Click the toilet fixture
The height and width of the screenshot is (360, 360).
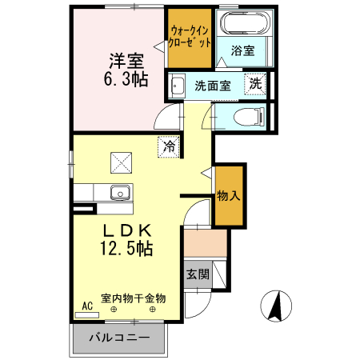[x=245, y=117]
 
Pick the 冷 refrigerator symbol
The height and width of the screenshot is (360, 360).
[x=169, y=146]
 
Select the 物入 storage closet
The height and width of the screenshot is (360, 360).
[x=228, y=194]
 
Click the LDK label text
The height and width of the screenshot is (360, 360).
[x=126, y=230]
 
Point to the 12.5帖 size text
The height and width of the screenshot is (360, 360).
[x=126, y=249]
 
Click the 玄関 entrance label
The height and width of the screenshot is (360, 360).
[x=198, y=274]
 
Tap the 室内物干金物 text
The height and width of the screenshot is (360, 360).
[x=133, y=298]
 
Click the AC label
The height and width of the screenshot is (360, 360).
[x=87, y=306]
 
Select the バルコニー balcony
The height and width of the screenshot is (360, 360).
[x=119, y=338]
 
